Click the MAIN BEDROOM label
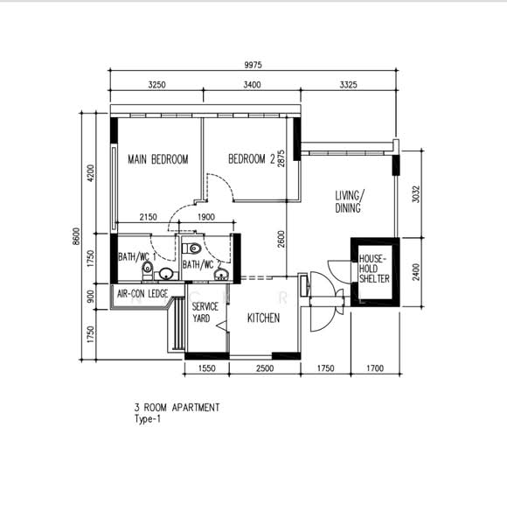(x=158, y=159)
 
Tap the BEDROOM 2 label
(x=252, y=158)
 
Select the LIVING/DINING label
(x=350, y=201)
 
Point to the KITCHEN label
(x=263, y=318)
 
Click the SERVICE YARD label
(x=205, y=312)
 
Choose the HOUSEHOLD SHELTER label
(x=374, y=269)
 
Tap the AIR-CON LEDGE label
(x=142, y=294)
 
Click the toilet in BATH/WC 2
(x=191, y=248)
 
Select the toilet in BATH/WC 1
(x=147, y=271)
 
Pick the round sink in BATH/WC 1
(x=166, y=274)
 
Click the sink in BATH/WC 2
(x=221, y=275)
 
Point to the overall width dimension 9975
(x=253, y=65)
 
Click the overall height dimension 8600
(x=77, y=236)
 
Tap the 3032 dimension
(x=416, y=194)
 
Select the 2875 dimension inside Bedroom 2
(x=281, y=158)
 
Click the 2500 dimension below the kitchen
(x=265, y=368)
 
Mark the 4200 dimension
(x=91, y=173)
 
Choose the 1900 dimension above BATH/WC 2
(x=206, y=217)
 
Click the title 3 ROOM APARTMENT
(x=177, y=408)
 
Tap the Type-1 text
(x=148, y=419)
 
